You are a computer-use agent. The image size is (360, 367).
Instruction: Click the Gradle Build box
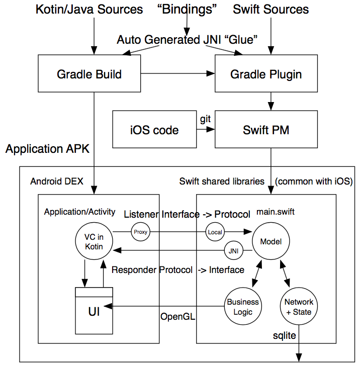[x=89, y=74]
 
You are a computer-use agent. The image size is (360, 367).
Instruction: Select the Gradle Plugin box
[x=266, y=74]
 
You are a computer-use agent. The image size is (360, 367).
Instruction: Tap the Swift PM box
[x=266, y=129]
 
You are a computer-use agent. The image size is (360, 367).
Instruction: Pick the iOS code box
[x=154, y=129]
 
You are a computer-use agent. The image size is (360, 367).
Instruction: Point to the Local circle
[x=214, y=232]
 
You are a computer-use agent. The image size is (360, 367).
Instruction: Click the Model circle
[x=271, y=242]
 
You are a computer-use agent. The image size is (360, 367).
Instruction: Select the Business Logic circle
[x=243, y=307]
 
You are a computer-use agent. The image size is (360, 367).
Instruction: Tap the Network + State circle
[x=299, y=307]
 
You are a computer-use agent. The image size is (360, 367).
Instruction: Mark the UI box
[x=94, y=312]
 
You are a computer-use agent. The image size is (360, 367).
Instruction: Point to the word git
[x=205, y=119]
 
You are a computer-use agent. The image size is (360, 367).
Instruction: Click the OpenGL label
[x=177, y=317]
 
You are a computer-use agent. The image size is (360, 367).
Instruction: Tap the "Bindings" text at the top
[x=187, y=9]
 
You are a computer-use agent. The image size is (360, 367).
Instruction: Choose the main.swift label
[x=276, y=212]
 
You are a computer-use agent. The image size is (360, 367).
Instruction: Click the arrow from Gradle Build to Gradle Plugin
[x=178, y=74]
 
